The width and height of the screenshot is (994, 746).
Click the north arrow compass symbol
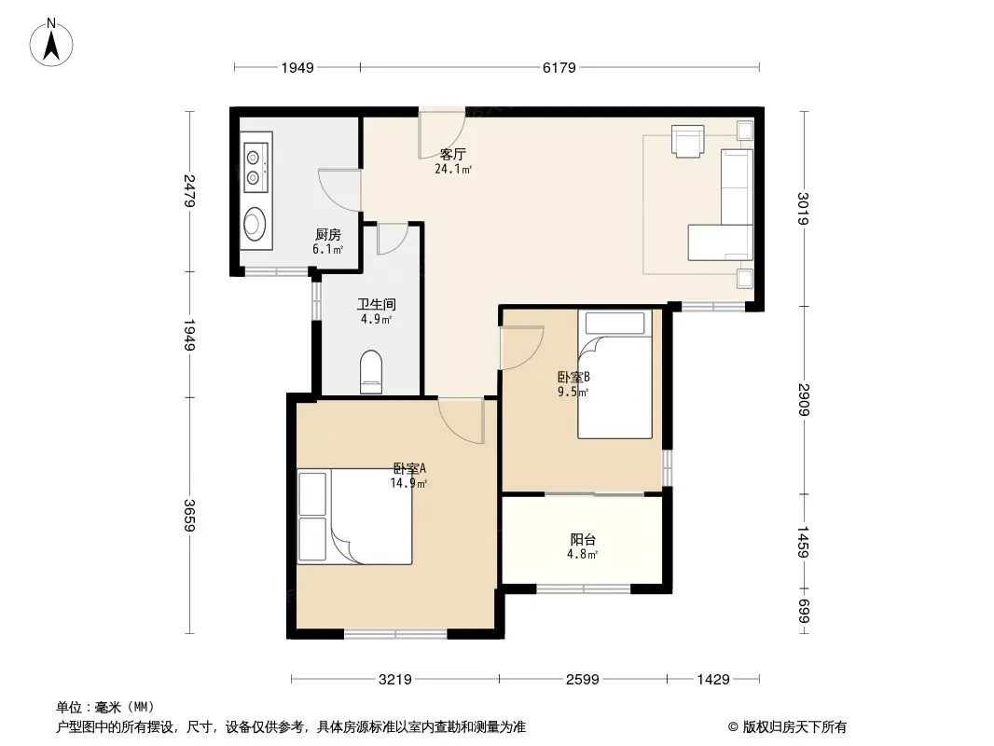pyautogui.click(x=51, y=43)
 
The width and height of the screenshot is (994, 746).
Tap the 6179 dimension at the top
pyautogui.click(x=559, y=67)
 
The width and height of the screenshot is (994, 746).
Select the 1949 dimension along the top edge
pyautogui.click(x=297, y=67)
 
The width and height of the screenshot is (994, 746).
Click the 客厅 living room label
pyautogui.click(x=453, y=154)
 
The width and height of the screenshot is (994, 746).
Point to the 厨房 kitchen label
pyautogui.click(x=327, y=234)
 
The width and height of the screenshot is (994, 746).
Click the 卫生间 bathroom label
pyautogui.click(x=377, y=304)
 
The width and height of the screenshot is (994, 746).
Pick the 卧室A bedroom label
pyautogui.click(x=409, y=468)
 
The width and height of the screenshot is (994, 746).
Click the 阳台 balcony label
pyautogui.click(x=583, y=539)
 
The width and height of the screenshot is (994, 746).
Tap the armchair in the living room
pyautogui.click(x=688, y=141)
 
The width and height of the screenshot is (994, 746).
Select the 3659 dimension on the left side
pyautogui.click(x=189, y=516)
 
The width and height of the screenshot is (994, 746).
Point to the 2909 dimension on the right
pyautogui.click(x=804, y=399)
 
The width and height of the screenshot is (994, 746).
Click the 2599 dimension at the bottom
pyautogui.click(x=583, y=680)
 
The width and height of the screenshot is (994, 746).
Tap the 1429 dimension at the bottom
pyautogui.click(x=713, y=680)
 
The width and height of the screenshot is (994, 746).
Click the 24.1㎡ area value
pyautogui.click(x=453, y=169)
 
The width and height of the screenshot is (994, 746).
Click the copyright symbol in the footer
pyautogui.click(x=733, y=727)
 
